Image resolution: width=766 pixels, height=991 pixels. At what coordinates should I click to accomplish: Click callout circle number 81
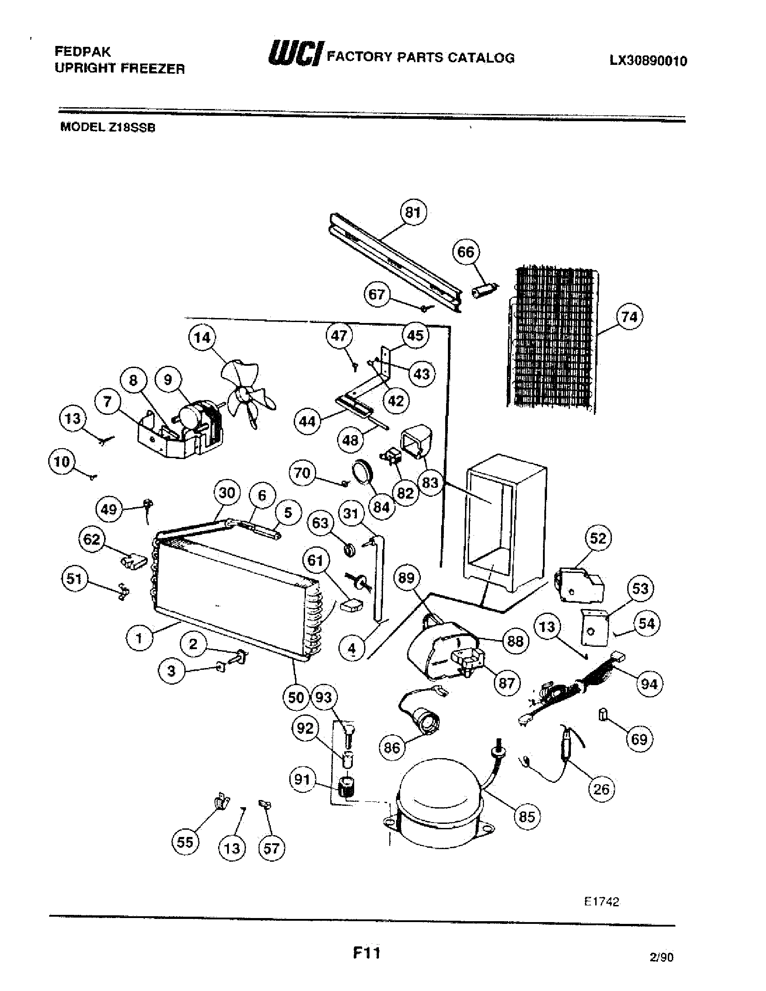413,212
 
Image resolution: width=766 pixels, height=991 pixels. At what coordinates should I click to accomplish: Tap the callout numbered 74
629,317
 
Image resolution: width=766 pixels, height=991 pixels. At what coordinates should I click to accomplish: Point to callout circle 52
598,539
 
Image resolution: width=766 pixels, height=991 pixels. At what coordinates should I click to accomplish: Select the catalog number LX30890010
647,61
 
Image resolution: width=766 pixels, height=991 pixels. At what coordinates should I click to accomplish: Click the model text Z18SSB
131,127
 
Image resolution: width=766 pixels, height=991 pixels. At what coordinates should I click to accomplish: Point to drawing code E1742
601,902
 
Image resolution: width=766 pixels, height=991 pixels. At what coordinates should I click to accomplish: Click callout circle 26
601,789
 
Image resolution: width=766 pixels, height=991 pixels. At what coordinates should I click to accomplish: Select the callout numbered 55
185,843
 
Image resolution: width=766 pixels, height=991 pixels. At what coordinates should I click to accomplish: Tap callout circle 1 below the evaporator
139,639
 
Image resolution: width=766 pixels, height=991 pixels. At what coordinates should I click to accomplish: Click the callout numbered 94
649,683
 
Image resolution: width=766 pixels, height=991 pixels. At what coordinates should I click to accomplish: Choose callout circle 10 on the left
62,462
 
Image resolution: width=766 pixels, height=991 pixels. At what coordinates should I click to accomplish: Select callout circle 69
639,739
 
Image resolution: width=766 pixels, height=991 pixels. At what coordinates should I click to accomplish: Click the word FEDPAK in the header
82,51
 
